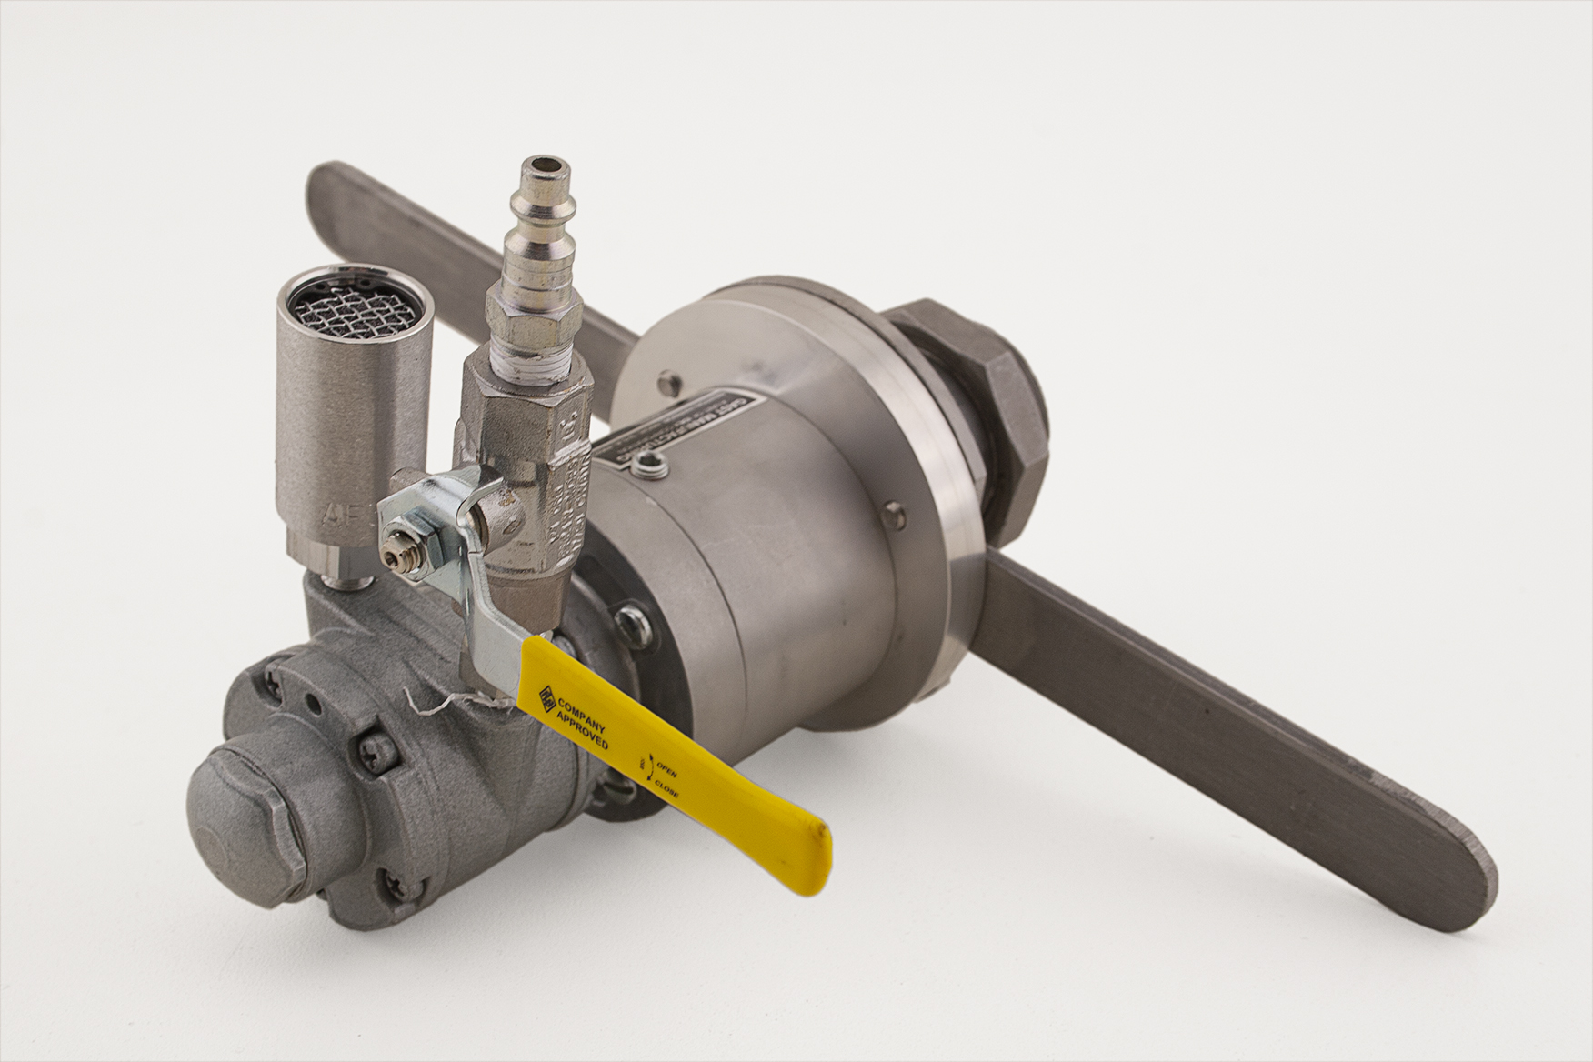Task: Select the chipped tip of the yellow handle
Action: (819, 834)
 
